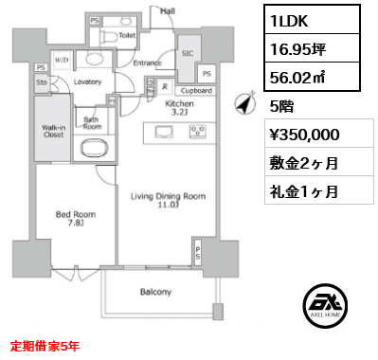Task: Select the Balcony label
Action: tap(155, 292)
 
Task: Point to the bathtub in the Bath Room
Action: tap(95, 148)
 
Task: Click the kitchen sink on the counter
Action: tap(164, 132)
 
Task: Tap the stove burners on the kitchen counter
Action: tap(198, 132)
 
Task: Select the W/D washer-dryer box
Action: tap(62, 60)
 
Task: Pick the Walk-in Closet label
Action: tap(54, 131)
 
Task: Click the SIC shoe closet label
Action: tap(188, 53)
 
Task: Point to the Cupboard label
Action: tap(196, 91)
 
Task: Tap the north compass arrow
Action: tap(245, 103)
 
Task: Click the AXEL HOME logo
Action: tap(325, 306)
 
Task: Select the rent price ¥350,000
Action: tap(305, 135)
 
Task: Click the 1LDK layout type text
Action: tap(289, 21)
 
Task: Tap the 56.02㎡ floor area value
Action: tap(297, 78)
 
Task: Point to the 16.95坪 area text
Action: tap(297, 49)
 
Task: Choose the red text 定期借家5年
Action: tap(45, 346)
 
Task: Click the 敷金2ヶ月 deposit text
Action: tap(304, 163)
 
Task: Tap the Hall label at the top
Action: tap(168, 11)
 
